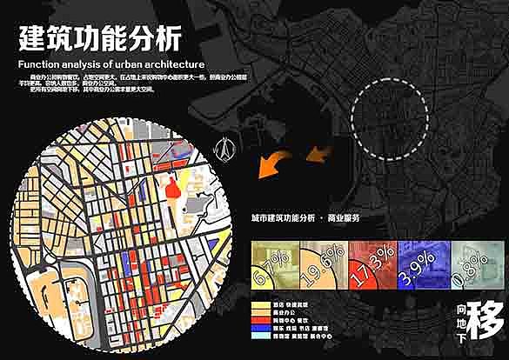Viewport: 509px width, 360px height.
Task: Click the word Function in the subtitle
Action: pos(40,64)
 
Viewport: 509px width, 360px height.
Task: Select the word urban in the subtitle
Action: pos(136,64)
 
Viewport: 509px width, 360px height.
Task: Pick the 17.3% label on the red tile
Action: pos(371,261)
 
